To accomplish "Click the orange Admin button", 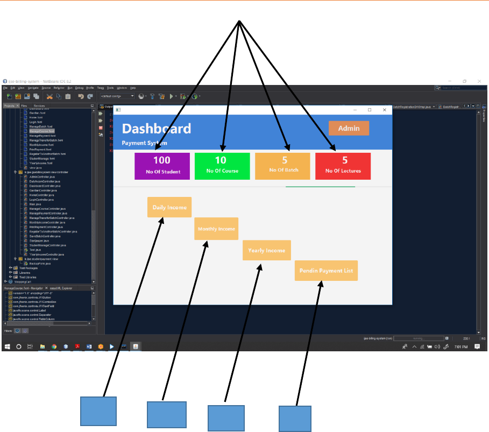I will tap(349, 129).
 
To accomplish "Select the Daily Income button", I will tap(169, 207).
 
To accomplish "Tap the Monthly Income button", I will tap(216, 229).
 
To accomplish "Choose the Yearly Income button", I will tap(267, 251).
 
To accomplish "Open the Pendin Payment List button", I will tap(326, 271).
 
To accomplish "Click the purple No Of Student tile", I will tap(162, 166).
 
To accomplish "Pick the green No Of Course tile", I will tap(222, 166).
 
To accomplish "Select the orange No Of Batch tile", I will tap(284, 166).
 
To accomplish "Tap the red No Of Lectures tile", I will tap(343, 166).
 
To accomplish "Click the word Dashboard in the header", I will tap(157, 129).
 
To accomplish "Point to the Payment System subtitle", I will tap(144, 143).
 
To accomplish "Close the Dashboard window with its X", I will tap(385, 110).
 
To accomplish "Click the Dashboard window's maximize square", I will tap(370, 110).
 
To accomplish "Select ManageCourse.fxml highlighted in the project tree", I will tap(42, 131).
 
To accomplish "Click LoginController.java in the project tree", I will tap(44, 199).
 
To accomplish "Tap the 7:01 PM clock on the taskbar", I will tap(460, 347).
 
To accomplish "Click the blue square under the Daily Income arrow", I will tap(98, 411).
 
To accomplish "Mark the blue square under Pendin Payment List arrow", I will tap(295, 418).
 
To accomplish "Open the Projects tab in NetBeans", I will tap(9, 106).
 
